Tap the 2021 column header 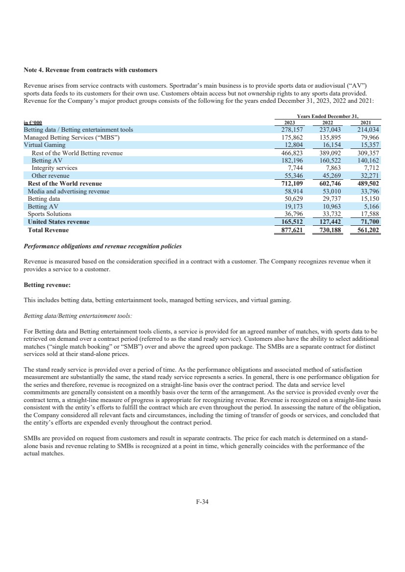point(366,123)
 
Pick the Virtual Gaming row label point(45,145)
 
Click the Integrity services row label point(54,167)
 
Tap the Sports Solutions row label point(50,214)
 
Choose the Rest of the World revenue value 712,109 point(289,183)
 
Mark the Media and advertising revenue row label point(69,191)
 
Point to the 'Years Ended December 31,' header point(328,117)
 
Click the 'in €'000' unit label point(33,123)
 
